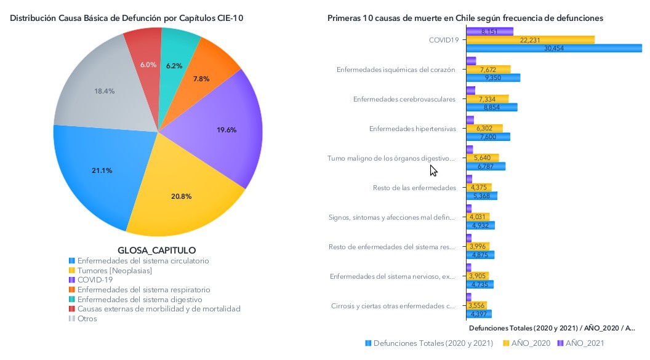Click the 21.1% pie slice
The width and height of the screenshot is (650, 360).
tap(102, 170)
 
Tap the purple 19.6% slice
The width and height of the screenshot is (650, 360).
tap(227, 130)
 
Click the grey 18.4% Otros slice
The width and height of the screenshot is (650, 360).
tap(105, 91)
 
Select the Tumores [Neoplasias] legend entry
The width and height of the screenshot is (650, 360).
tap(114, 270)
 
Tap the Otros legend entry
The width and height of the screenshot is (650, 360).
tap(87, 319)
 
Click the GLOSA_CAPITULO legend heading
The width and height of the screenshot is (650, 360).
tap(156, 250)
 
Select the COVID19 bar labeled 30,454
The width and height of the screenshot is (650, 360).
tap(554, 48)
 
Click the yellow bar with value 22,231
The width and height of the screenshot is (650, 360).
tap(530, 39)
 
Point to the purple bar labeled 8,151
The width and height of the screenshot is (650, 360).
tap(490, 31)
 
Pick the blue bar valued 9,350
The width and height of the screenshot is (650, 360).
tap(493, 78)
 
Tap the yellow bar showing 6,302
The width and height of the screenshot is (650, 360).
tap(484, 128)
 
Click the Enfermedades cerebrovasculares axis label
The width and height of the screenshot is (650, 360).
tap(404, 99)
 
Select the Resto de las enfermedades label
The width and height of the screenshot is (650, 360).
tap(414, 188)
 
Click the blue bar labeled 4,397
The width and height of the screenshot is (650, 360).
tap(477, 314)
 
